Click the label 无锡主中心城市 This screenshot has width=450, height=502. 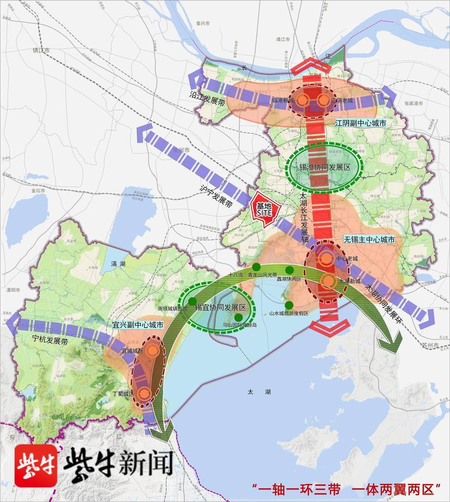point(369,240)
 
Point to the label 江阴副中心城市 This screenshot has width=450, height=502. point(360,124)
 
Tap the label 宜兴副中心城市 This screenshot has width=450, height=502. point(138,324)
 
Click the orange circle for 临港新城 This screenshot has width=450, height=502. point(303,100)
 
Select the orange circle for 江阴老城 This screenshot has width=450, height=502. point(323,100)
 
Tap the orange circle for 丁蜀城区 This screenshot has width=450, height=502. point(144,393)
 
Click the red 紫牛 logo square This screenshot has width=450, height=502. point(36,465)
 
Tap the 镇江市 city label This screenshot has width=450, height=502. point(41,50)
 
